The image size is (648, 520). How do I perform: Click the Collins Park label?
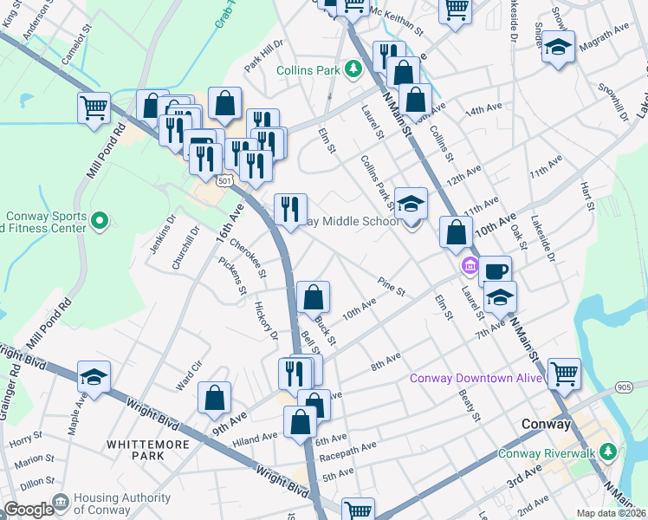pos(308,69)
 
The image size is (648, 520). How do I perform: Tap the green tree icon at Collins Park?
pos(353,68)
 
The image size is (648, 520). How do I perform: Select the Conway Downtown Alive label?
pos(478,377)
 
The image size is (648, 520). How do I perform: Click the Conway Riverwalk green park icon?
pos(608,452)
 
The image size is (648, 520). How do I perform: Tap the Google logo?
pos(29,510)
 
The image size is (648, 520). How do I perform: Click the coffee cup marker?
pos(495,270)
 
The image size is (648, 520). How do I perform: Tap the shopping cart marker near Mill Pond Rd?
pos(94,108)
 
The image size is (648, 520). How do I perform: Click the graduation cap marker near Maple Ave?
pos(94,377)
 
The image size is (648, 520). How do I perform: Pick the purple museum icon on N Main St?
pos(470,263)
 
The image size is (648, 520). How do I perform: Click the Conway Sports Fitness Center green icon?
pos(100,221)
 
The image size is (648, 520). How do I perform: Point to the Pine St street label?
pos(392,286)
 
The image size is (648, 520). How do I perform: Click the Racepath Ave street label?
pos(349,448)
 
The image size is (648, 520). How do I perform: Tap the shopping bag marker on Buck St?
pos(314,297)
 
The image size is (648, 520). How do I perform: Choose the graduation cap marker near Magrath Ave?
pos(559,48)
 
